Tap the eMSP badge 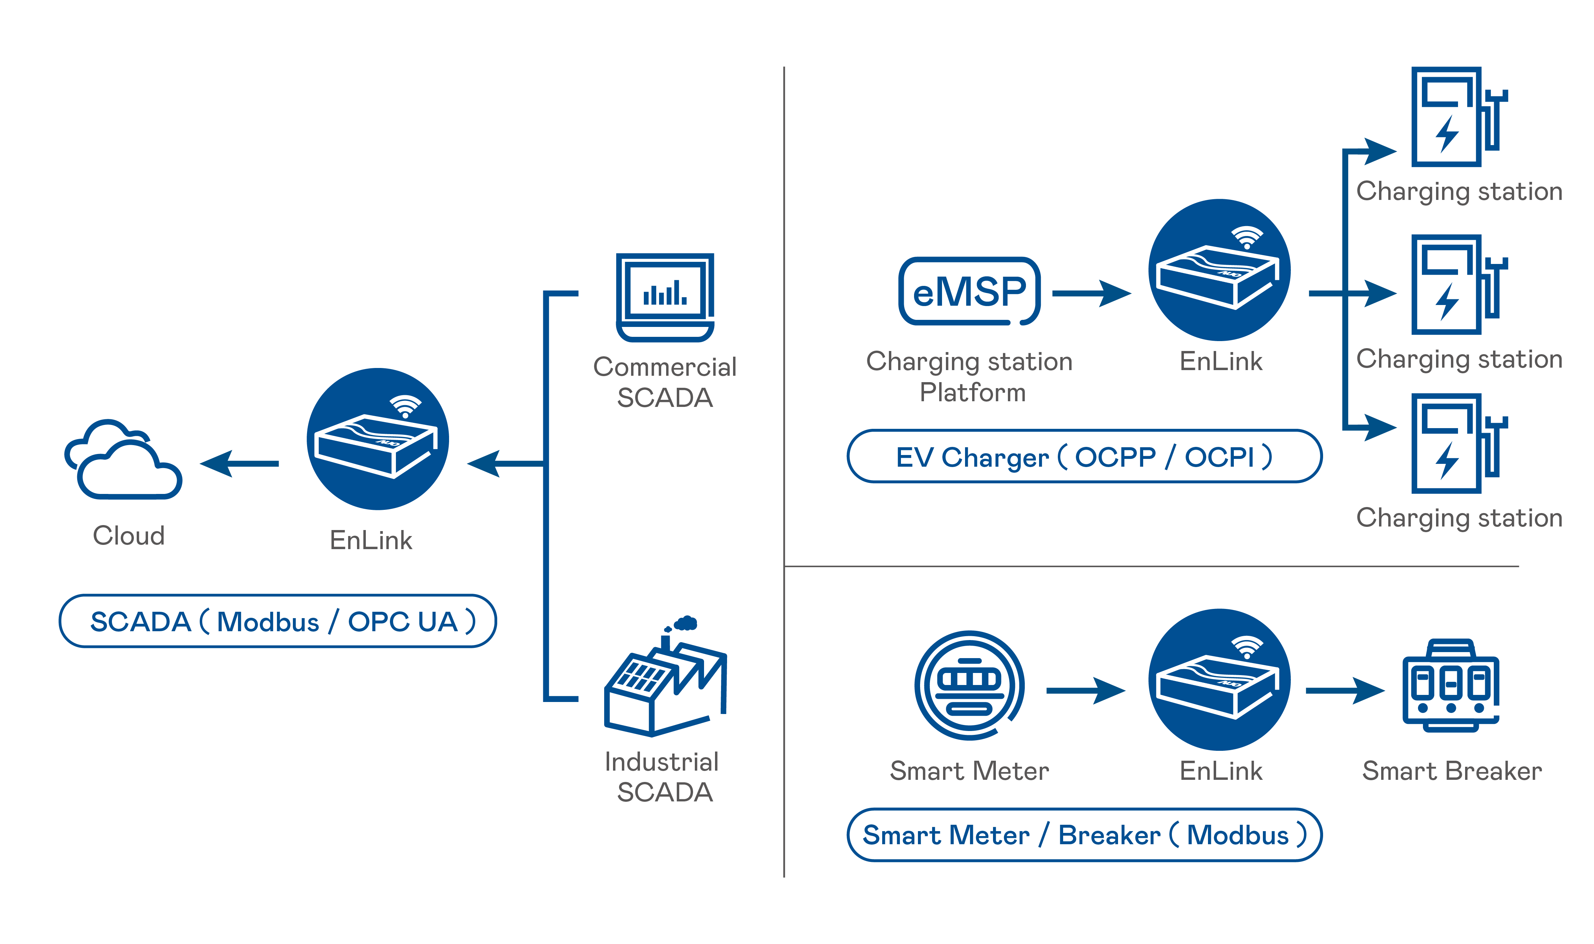[x=969, y=292]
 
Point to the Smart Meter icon [x=969, y=685]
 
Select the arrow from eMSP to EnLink [x=1091, y=293]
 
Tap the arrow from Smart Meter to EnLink [x=1085, y=690]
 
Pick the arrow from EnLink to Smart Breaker [x=1344, y=690]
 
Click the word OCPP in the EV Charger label [x=1115, y=457]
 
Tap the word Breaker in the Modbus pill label [x=1109, y=835]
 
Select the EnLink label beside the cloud [x=371, y=540]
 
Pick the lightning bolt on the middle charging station [x=1447, y=301]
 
